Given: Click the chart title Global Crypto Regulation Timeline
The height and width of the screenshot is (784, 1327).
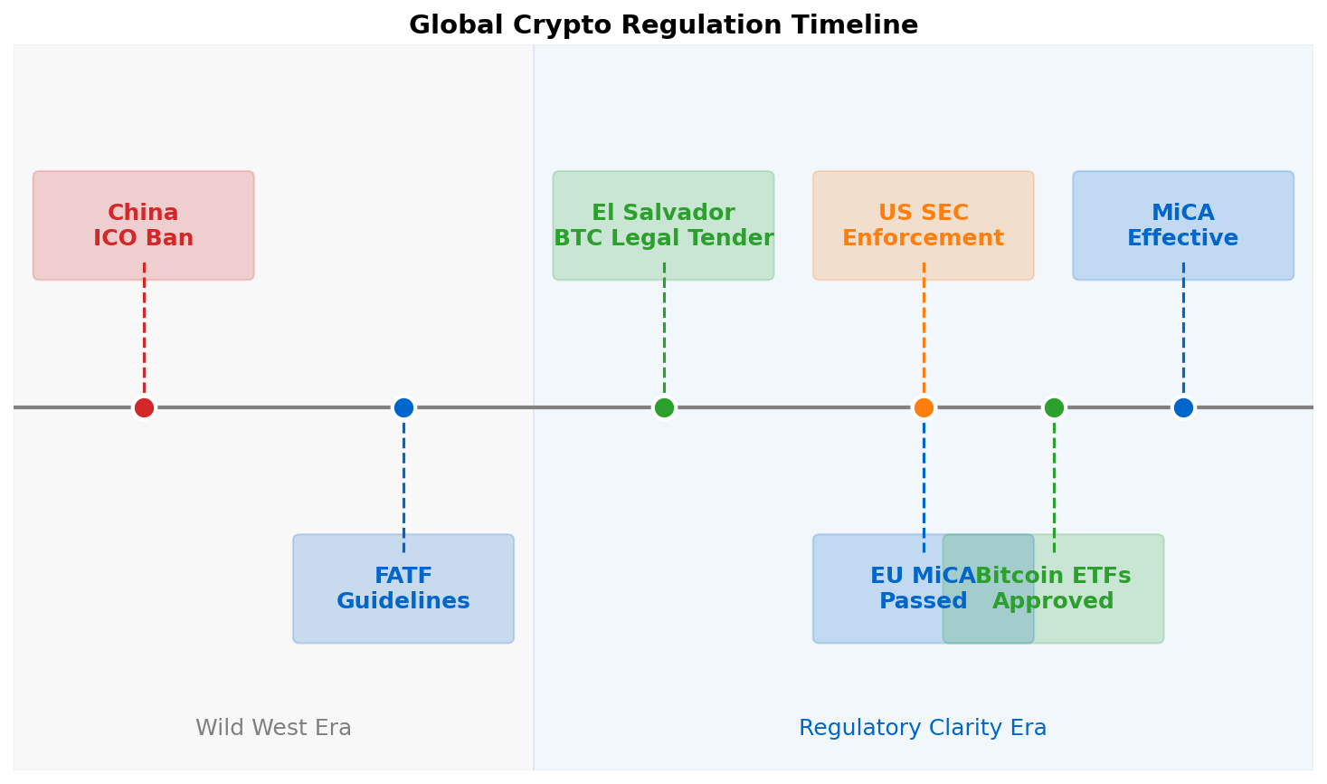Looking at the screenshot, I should point(663,25).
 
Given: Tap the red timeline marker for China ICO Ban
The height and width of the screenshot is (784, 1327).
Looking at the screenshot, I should point(144,407).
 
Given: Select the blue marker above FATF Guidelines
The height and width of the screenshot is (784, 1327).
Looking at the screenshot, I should point(403,407).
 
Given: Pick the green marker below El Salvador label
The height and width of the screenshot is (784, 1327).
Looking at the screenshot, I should point(664,407).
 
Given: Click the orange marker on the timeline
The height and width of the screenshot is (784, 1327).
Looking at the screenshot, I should point(924,407).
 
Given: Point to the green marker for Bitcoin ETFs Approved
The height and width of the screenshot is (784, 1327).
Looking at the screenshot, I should point(1054,407).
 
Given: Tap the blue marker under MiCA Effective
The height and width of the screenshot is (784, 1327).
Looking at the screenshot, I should point(1183,407).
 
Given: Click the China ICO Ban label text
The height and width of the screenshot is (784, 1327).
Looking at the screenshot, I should point(144,226).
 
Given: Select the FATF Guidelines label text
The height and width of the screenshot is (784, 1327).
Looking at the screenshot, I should point(403,589).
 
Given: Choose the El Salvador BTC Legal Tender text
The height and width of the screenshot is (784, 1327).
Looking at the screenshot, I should point(664,226).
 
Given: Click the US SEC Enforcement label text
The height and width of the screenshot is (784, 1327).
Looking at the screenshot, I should point(924,226).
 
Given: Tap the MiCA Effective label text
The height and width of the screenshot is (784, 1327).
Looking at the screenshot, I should point(1183,226).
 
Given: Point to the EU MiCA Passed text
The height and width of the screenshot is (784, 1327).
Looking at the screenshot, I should point(905,589).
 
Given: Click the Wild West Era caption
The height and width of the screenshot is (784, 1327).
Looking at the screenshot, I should point(273,728).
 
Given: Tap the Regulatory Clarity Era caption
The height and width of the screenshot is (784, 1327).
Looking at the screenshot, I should point(923,728).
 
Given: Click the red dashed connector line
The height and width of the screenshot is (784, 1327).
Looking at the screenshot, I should point(144,335).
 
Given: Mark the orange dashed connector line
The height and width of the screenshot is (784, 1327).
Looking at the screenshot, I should point(924,335).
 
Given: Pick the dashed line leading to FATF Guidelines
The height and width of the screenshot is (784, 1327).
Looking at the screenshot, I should point(403,480).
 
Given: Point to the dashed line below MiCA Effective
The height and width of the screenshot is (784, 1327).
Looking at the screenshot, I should point(1183,335).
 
